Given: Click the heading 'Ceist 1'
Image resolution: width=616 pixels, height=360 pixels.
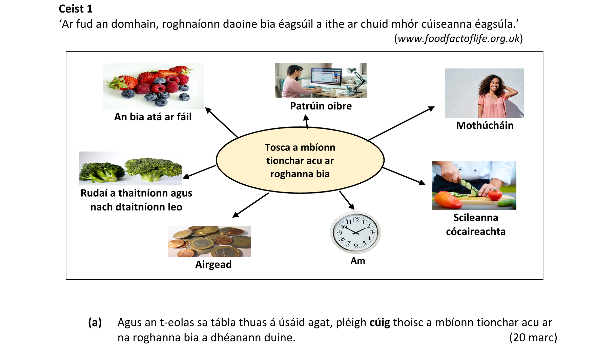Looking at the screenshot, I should click(x=76, y=9).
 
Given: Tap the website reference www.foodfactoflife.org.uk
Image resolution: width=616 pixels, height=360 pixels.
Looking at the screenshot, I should click(x=458, y=39).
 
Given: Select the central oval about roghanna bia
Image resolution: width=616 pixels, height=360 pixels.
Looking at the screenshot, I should click(x=300, y=160).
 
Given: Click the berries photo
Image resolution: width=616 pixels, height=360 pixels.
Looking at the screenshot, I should click(x=153, y=86).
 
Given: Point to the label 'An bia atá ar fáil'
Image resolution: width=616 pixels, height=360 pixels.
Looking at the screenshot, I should click(x=153, y=117).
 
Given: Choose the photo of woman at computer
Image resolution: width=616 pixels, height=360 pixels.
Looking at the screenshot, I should click(x=321, y=80).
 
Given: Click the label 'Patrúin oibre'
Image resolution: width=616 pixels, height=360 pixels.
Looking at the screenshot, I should click(x=321, y=106).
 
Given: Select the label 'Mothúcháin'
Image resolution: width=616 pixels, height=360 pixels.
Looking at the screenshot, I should click(x=485, y=125).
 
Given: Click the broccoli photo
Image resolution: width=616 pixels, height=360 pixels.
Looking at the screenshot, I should click(x=130, y=168).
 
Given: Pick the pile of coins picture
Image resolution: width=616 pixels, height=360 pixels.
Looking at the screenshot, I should click(x=209, y=241).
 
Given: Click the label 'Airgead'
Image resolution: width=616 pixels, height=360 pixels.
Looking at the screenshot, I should click(x=213, y=264).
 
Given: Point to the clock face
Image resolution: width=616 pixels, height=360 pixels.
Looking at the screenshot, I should click(x=356, y=233).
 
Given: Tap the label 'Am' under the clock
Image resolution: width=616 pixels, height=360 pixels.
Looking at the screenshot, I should click(x=358, y=261).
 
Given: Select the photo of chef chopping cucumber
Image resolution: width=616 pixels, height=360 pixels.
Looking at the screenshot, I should click(x=474, y=186).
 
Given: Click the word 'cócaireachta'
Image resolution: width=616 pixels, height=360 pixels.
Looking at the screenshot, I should click(x=476, y=232).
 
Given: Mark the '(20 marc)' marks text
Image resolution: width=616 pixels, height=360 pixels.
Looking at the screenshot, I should click(x=533, y=338).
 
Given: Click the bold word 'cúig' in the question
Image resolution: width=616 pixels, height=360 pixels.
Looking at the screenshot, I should click(x=379, y=322).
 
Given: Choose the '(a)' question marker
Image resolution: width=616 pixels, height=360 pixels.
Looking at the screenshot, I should click(x=95, y=322).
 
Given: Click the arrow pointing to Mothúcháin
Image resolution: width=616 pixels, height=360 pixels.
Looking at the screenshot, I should click(x=401, y=124).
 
